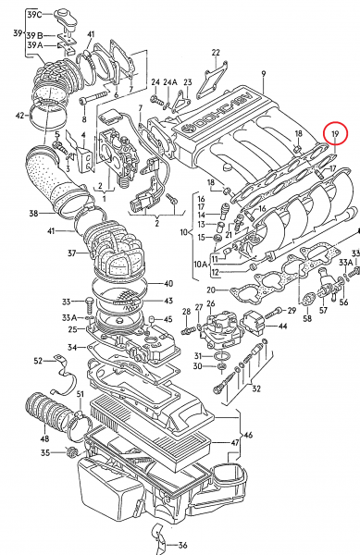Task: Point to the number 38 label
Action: pyautogui.click(x=33, y=214)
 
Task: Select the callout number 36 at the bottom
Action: pyautogui.click(x=182, y=545)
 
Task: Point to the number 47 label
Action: pyautogui.click(x=234, y=443)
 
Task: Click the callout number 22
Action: pyautogui.click(x=216, y=52)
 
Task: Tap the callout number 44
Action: pyautogui.click(x=282, y=327)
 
